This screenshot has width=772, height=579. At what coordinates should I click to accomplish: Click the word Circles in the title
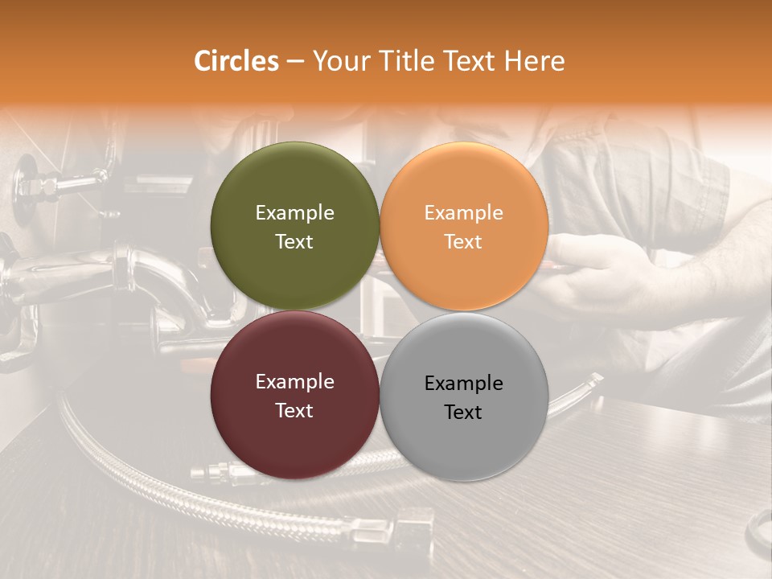(x=236, y=61)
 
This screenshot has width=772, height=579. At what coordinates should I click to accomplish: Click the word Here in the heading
(x=536, y=61)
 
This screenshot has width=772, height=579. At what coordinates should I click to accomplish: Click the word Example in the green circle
(x=294, y=212)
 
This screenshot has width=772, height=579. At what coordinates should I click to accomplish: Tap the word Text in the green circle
(x=294, y=241)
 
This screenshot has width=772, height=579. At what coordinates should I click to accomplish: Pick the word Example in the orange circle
(x=464, y=212)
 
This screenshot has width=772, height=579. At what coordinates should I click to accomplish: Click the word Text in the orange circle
(x=464, y=241)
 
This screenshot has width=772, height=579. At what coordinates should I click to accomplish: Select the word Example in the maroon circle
(x=294, y=381)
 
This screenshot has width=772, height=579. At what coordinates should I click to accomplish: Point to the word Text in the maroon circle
(x=294, y=410)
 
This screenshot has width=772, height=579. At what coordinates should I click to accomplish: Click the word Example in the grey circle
(x=464, y=383)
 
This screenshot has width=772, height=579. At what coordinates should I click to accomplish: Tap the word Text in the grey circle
(x=464, y=412)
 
